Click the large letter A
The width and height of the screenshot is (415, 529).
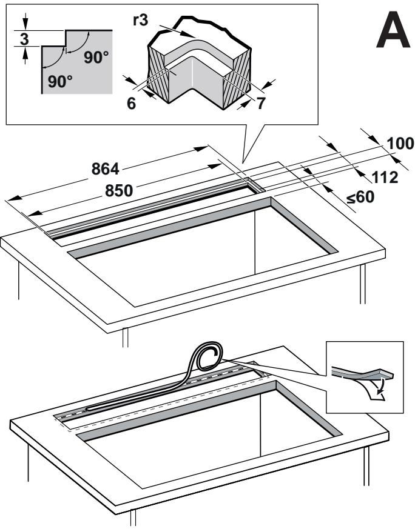(x=393, y=30)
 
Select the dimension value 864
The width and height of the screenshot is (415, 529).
(x=106, y=169)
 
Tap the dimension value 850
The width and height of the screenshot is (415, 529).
(x=119, y=191)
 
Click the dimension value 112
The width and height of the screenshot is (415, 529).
(x=385, y=177)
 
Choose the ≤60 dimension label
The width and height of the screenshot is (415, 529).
(x=360, y=197)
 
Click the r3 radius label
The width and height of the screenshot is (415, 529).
(x=141, y=20)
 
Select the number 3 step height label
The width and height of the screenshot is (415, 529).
(x=25, y=39)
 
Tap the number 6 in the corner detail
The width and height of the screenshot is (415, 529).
(x=131, y=104)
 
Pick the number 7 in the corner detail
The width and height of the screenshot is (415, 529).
(x=261, y=103)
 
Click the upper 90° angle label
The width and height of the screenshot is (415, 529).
(x=96, y=58)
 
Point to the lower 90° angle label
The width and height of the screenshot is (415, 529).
(x=60, y=81)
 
